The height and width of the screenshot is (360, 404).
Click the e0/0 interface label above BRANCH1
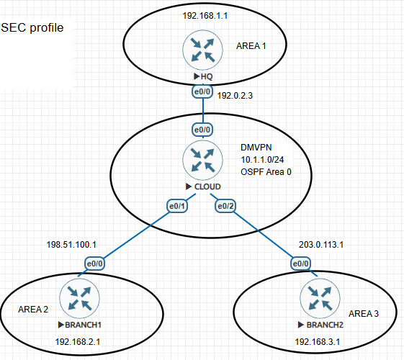95,264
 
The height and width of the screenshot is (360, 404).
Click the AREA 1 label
251,45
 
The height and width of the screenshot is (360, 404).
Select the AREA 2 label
33,309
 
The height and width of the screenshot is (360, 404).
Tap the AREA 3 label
364,314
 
